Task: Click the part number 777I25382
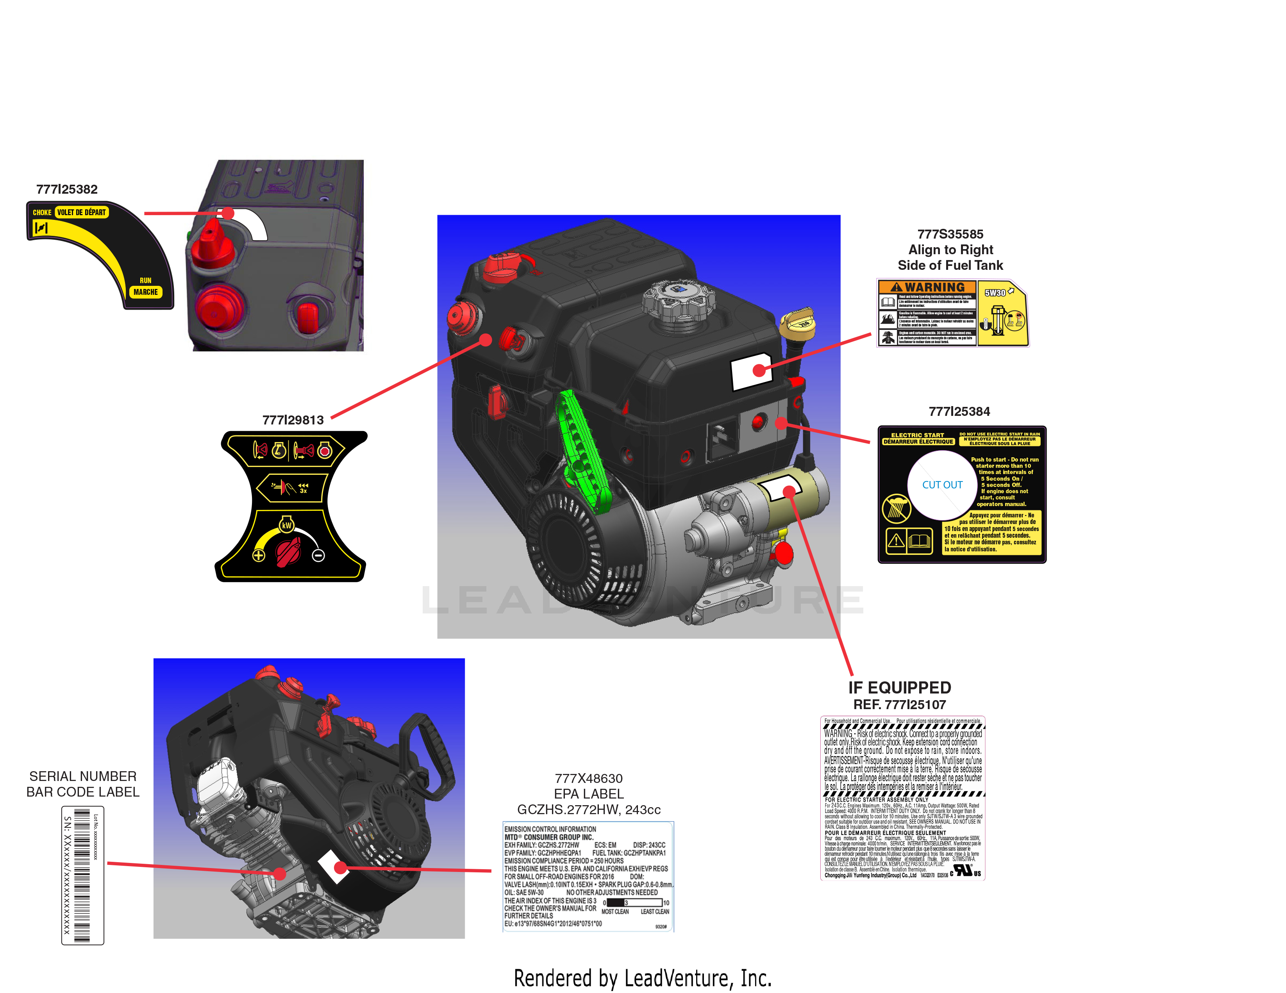click(66, 189)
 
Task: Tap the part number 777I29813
click(293, 420)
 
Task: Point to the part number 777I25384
click(959, 412)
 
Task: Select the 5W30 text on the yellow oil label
click(995, 292)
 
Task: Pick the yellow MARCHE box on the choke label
click(145, 292)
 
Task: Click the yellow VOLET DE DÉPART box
click(81, 212)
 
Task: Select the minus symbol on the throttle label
click(318, 555)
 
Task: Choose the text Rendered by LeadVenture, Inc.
click(642, 978)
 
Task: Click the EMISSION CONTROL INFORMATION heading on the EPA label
click(550, 829)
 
